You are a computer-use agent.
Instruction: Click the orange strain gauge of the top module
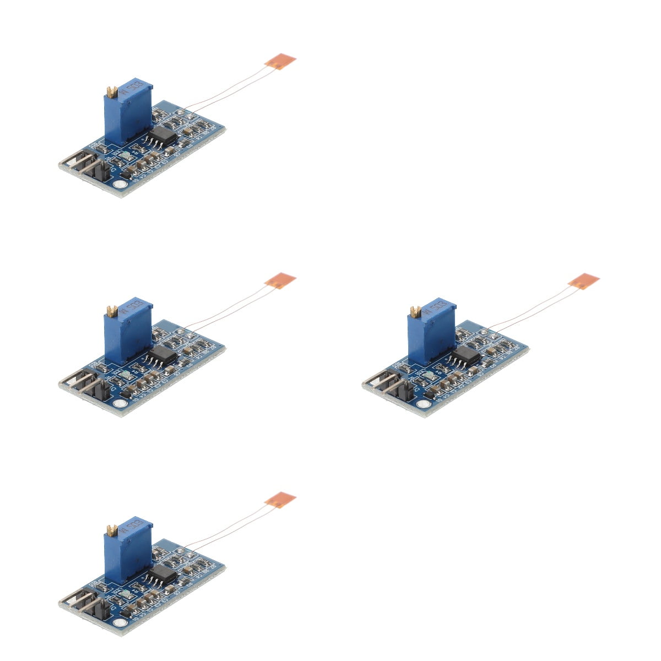point(280,61)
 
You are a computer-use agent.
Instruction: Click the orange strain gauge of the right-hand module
point(583,281)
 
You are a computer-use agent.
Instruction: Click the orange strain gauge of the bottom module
point(280,500)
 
